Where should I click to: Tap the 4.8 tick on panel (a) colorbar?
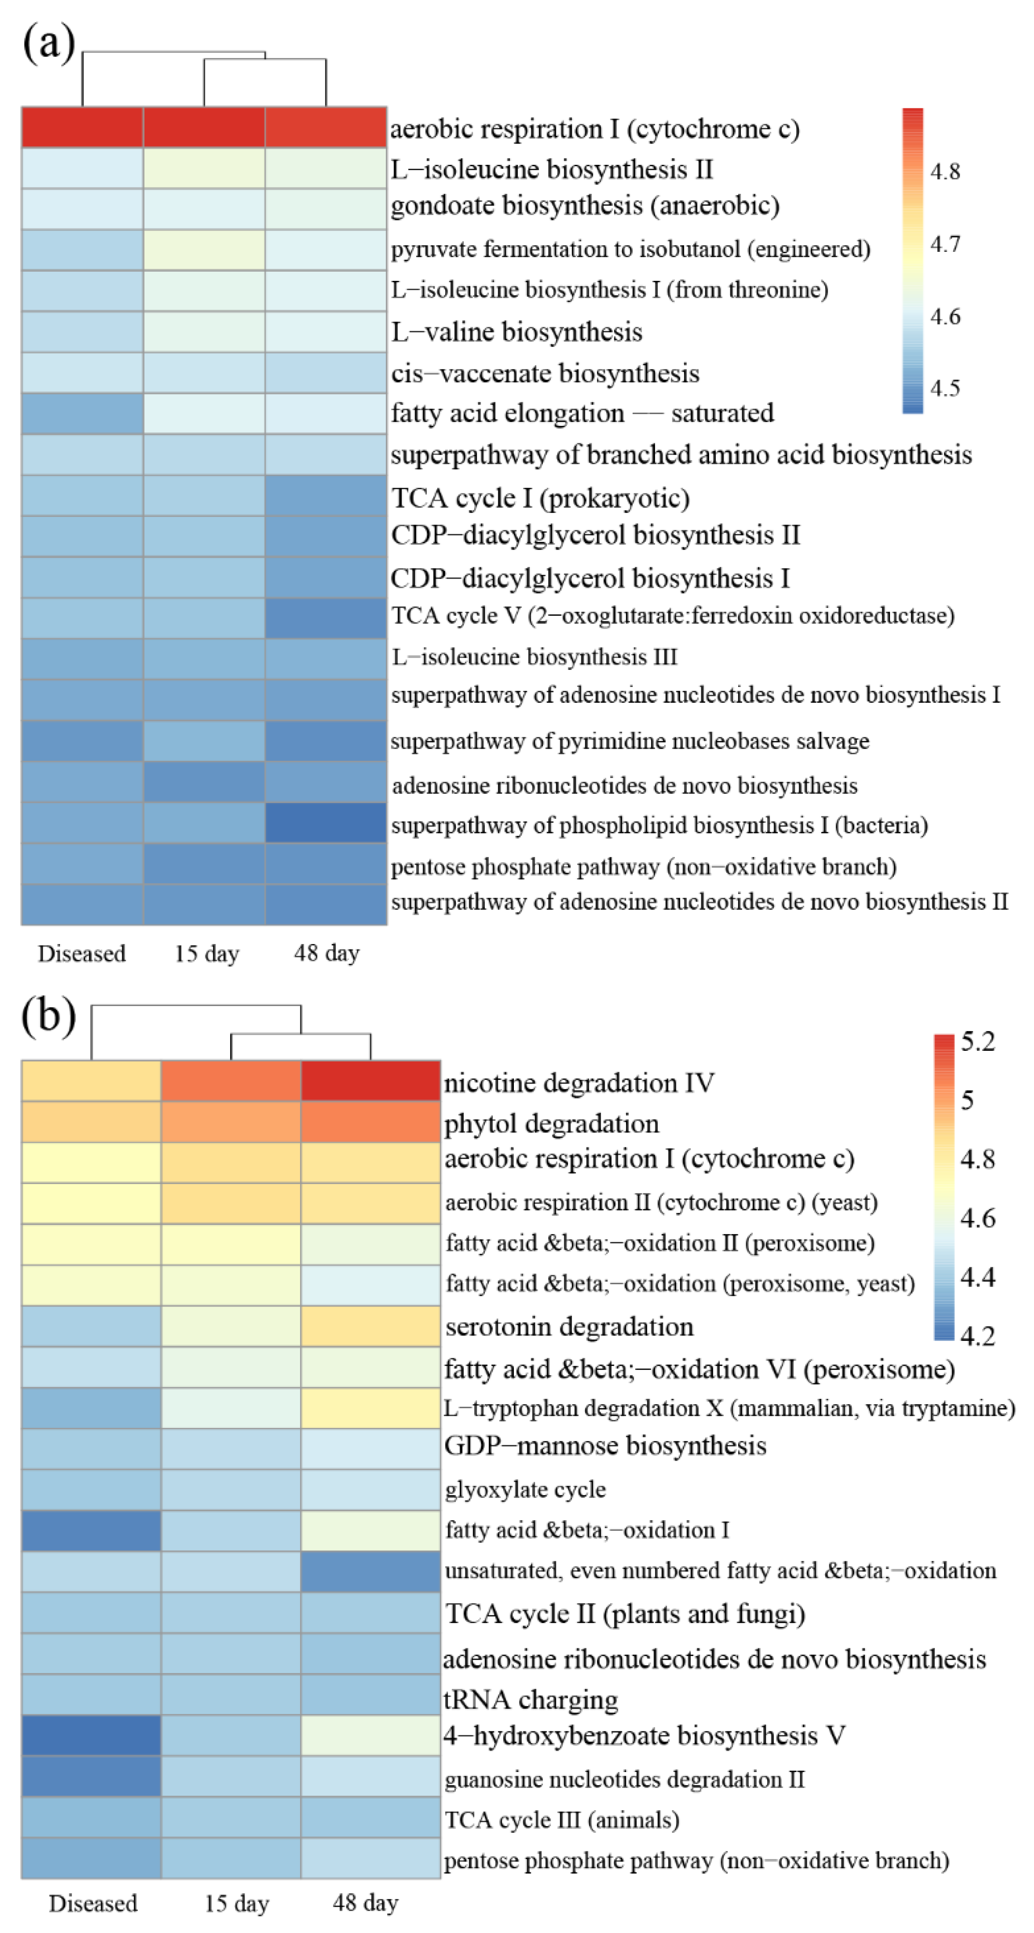click(x=945, y=172)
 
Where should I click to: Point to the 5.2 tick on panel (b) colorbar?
click(x=978, y=1042)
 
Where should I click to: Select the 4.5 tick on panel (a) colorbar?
click(x=945, y=388)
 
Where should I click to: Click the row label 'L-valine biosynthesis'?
click(x=516, y=332)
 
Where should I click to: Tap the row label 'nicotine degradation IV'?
click(x=579, y=1083)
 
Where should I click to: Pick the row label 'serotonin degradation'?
click(x=569, y=1327)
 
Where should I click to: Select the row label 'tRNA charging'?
click(x=530, y=1699)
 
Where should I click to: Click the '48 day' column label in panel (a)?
click(x=326, y=953)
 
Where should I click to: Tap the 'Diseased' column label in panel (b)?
click(x=93, y=1903)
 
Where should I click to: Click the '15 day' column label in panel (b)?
click(x=236, y=1903)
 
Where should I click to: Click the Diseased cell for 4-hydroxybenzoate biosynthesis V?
click(x=91, y=1735)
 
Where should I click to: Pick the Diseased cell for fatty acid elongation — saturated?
click(x=82, y=413)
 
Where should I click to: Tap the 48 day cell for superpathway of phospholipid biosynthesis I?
click(x=326, y=823)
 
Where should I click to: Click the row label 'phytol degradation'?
click(x=552, y=1123)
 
